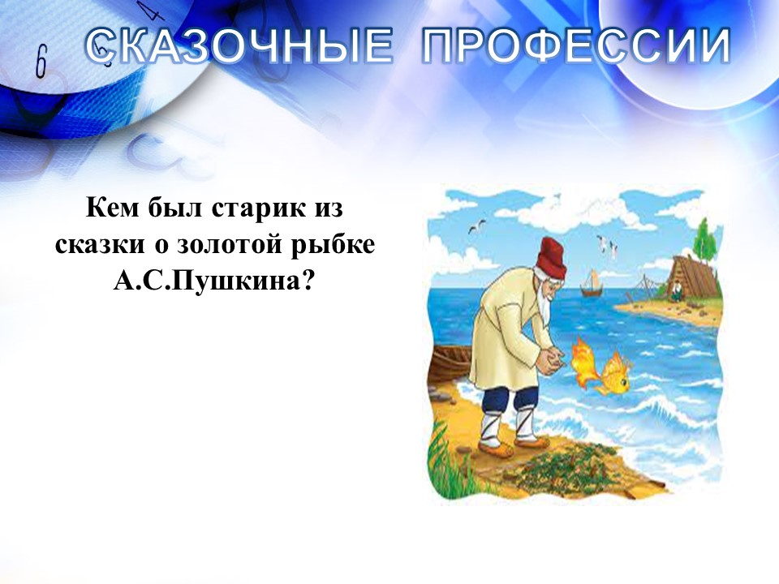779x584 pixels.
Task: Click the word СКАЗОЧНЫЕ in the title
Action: (x=239, y=45)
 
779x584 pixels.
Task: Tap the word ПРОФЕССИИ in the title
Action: (x=576, y=45)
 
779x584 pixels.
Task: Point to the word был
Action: (x=174, y=208)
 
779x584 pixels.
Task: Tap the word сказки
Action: (x=99, y=245)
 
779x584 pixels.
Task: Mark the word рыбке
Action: (x=333, y=246)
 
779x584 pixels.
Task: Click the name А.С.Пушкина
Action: (x=214, y=281)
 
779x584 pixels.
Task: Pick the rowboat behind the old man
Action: (x=451, y=364)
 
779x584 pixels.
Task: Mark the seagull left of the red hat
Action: (x=477, y=226)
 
